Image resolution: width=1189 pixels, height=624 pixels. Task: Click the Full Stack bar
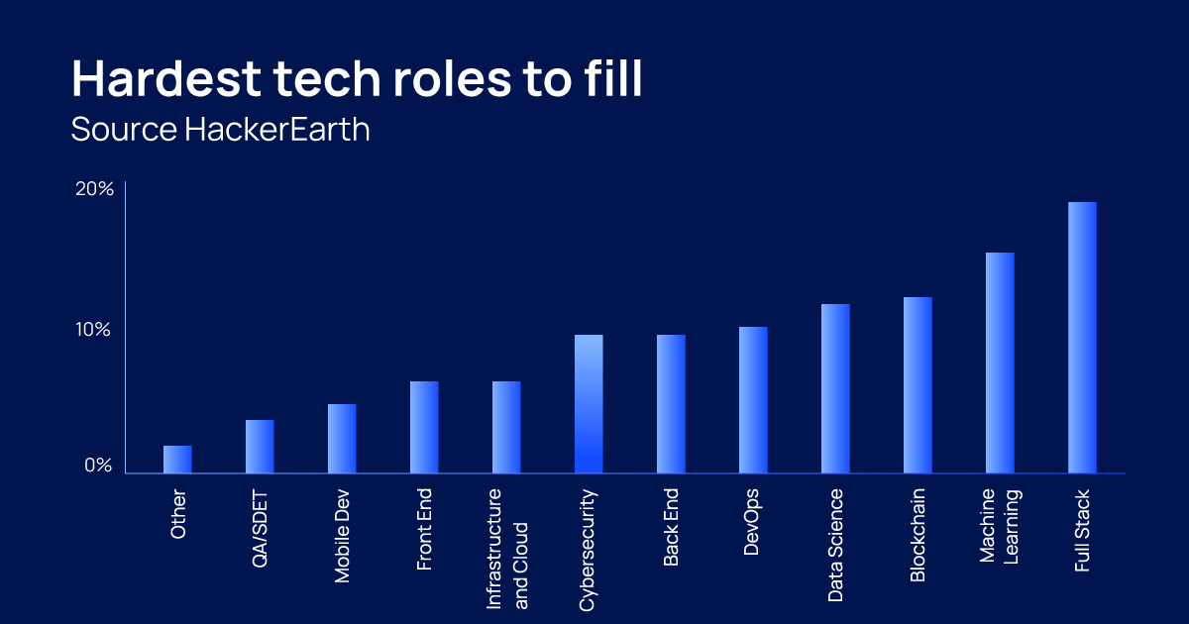pyautogui.click(x=1082, y=338)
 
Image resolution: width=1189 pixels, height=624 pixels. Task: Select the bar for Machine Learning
pyautogui.click(x=1000, y=363)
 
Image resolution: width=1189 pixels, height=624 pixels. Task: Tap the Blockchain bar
pyautogui.click(x=918, y=385)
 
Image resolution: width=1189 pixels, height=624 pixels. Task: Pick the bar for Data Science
pyautogui.click(x=835, y=388)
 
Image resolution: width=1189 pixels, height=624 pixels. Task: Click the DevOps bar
pyautogui.click(x=753, y=400)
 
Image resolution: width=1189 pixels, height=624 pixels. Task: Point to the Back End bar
pyautogui.click(x=671, y=404)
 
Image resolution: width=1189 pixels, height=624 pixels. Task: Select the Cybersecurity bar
pyautogui.click(x=589, y=404)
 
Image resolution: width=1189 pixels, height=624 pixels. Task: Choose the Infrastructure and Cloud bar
pyautogui.click(x=506, y=427)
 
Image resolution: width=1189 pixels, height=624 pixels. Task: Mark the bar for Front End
pyautogui.click(x=424, y=427)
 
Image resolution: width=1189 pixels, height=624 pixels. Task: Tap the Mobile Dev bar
pyautogui.click(x=342, y=439)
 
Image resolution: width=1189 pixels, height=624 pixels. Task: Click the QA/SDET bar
pyautogui.click(x=260, y=447)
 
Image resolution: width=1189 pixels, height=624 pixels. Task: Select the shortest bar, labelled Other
pyautogui.click(x=177, y=460)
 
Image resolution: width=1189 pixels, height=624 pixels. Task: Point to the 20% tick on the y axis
pyautogui.click(x=94, y=189)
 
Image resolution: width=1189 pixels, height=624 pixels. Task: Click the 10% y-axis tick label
pyautogui.click(x=93, y=330)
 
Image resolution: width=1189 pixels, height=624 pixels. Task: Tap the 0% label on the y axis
pyautogui.click(x=98, y=466)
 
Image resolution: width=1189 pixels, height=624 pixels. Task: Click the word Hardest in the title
pyautogui.click(x=166, y=78)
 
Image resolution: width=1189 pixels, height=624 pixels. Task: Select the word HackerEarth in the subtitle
pyautogui.click(x=277, y=129)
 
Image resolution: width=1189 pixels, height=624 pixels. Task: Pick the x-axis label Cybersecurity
pyautogui.click(x=587, y=551)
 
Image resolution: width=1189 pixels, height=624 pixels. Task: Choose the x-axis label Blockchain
pyautogui.click(x=918, y=536)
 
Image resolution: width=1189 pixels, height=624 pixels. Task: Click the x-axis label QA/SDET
pyautogui.click(x=260, y=530)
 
